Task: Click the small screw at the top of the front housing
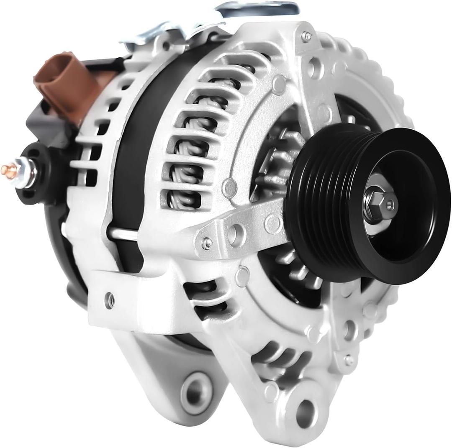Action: pos(308,36)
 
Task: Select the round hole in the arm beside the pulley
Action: pos(237,230)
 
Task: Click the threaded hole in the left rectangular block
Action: pos(110,300)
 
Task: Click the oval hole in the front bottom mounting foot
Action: pos(306,408)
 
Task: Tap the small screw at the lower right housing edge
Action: pos(348,359)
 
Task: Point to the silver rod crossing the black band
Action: pos(126,232)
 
